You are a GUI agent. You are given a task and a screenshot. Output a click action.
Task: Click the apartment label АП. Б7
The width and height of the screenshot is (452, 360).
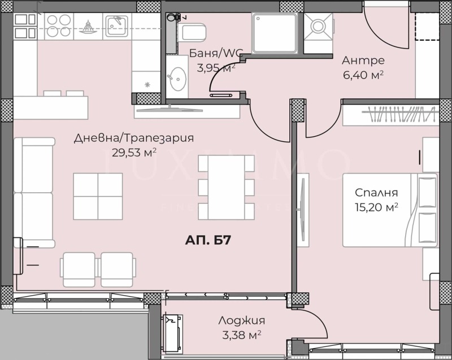click(206, 241)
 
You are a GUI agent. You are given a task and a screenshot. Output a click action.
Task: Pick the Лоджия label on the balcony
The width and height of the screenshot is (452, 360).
click(241, 320)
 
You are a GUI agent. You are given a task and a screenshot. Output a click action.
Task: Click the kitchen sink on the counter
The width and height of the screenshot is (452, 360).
click(118, 25)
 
